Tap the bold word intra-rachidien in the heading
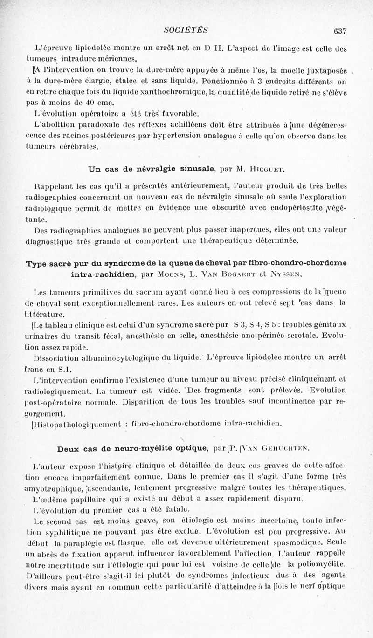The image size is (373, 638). click(x=104, y=274)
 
